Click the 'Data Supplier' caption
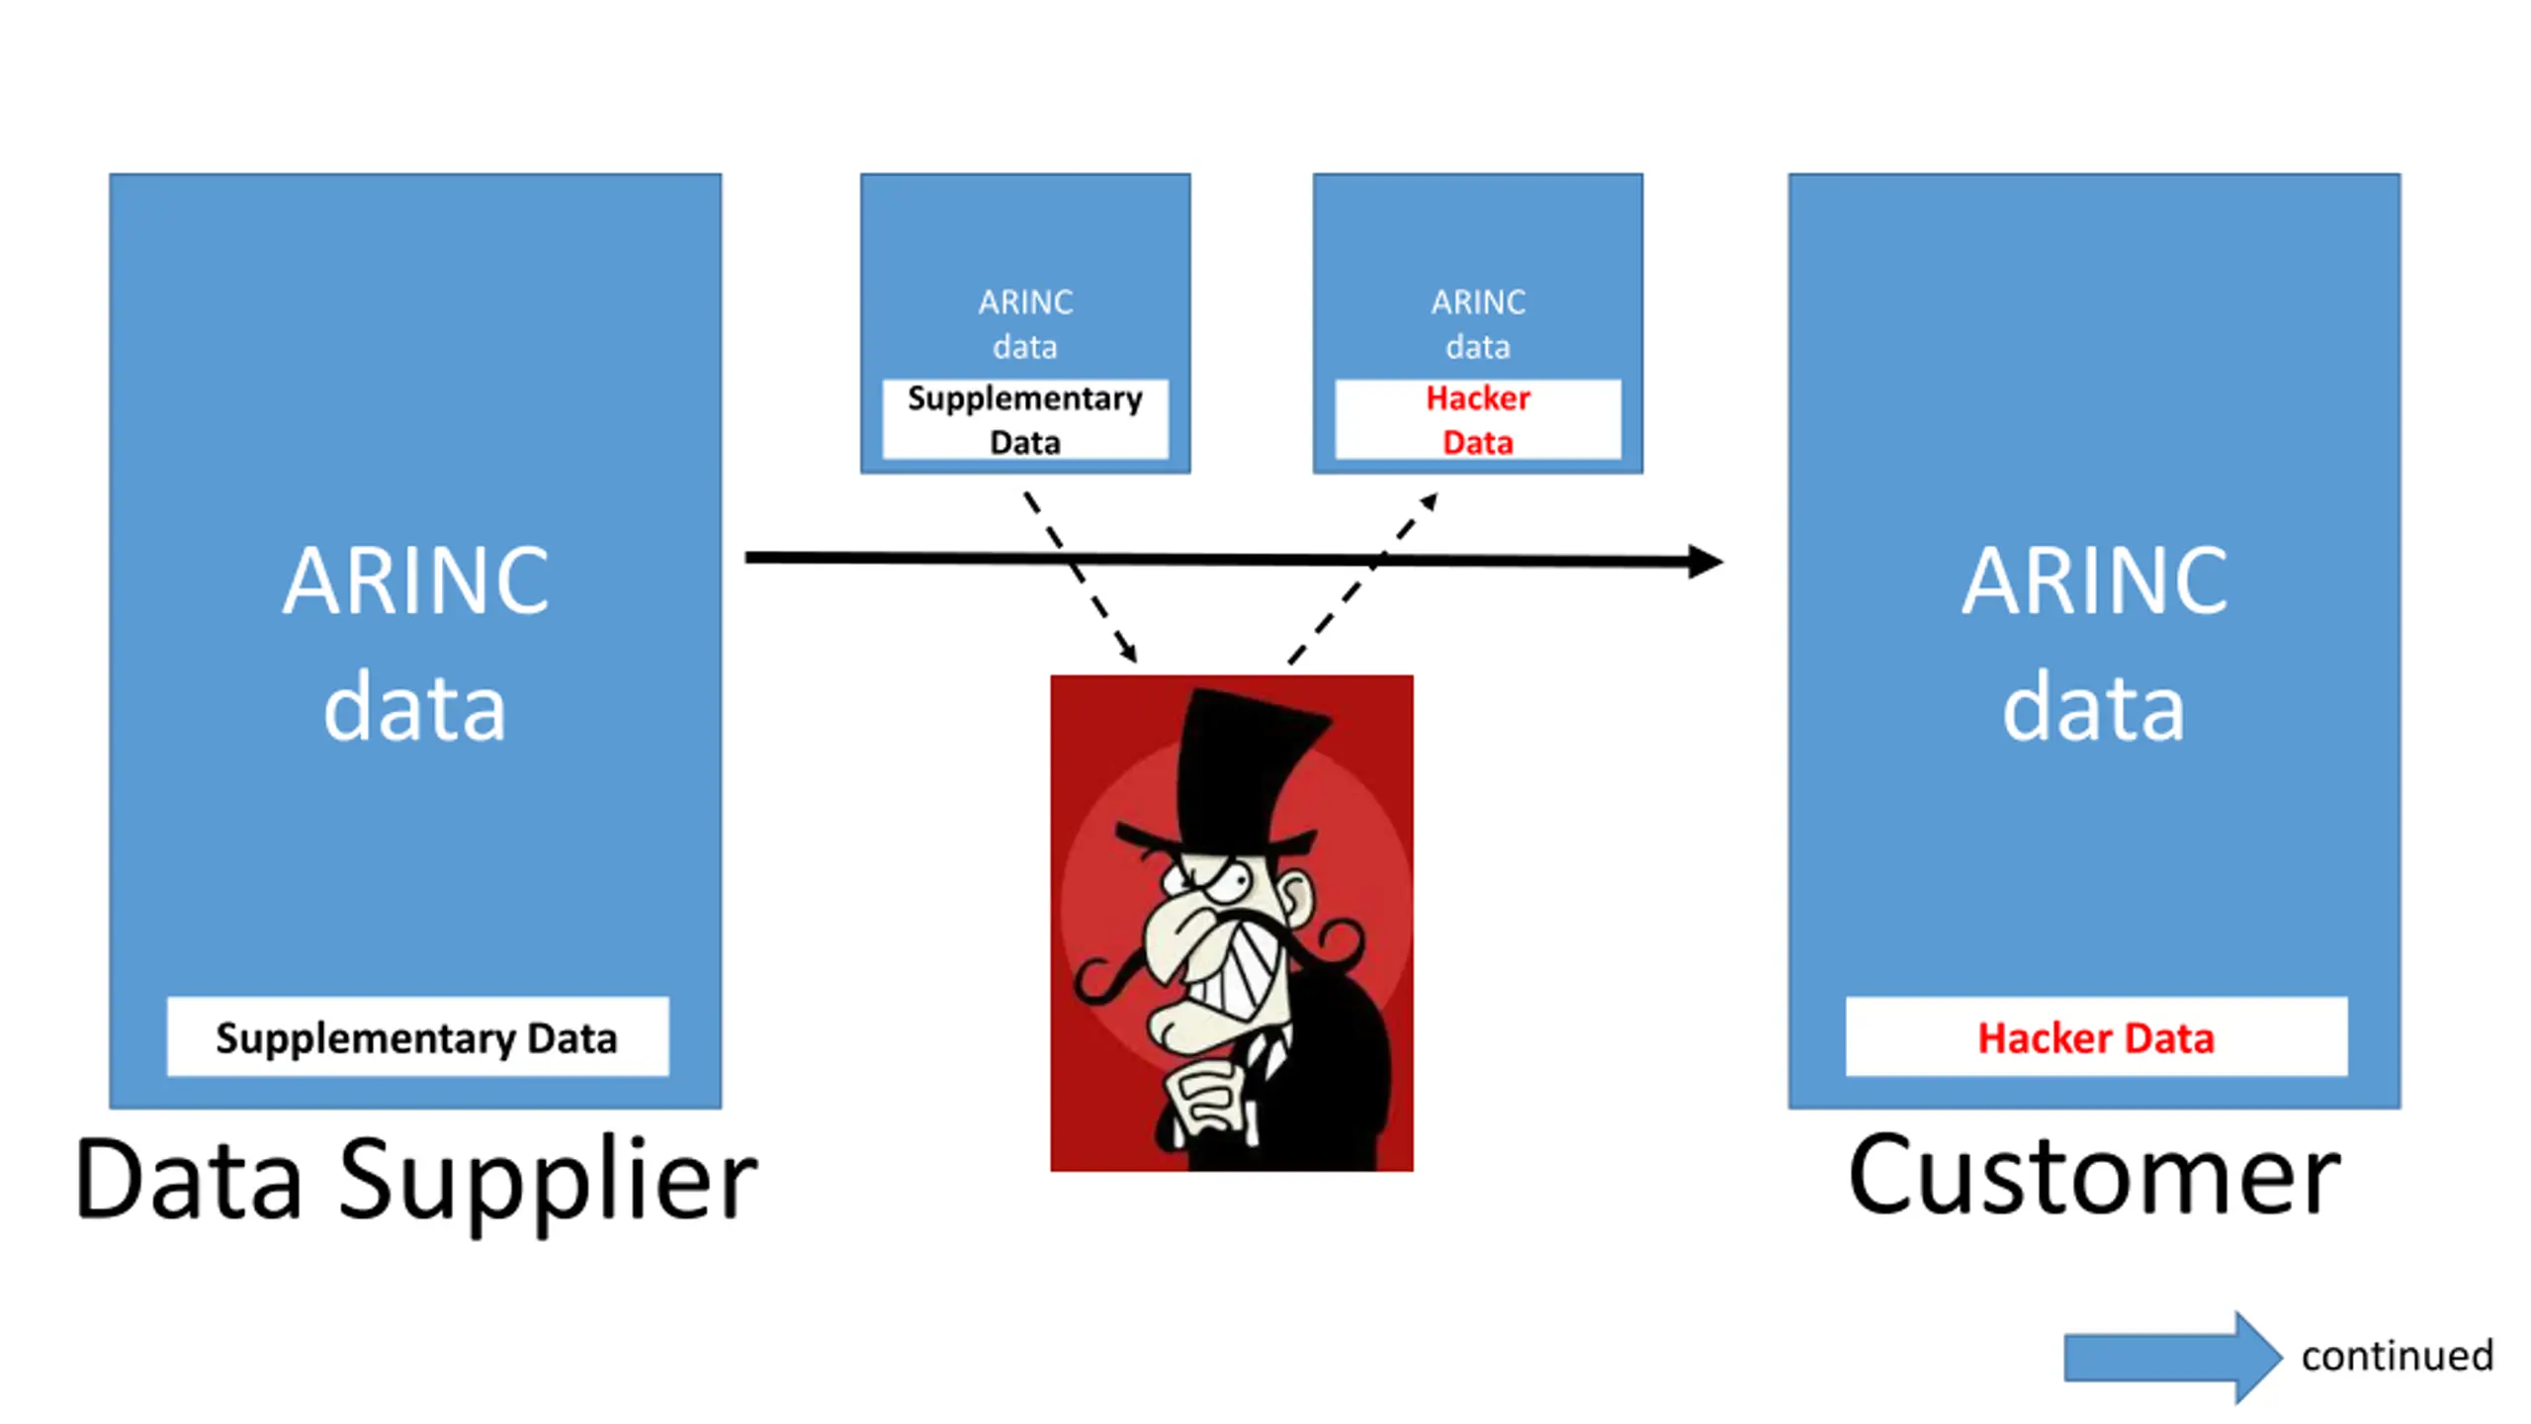point(416,1181)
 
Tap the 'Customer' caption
point(2094,1177)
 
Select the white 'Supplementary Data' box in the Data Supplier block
point(417,1036)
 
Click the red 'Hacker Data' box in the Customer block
point(2096,1036)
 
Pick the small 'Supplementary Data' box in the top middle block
point(1025,419)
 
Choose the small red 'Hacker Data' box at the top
point(1478,419)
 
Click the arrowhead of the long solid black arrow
point(1704,562)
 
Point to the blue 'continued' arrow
point(2173,1357)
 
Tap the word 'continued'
point(2398,1356)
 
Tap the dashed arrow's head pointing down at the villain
point(1128,650)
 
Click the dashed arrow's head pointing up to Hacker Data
point(1429,502)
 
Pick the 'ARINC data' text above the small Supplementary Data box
point(1025,324)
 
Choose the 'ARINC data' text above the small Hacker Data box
point(1478,324)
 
